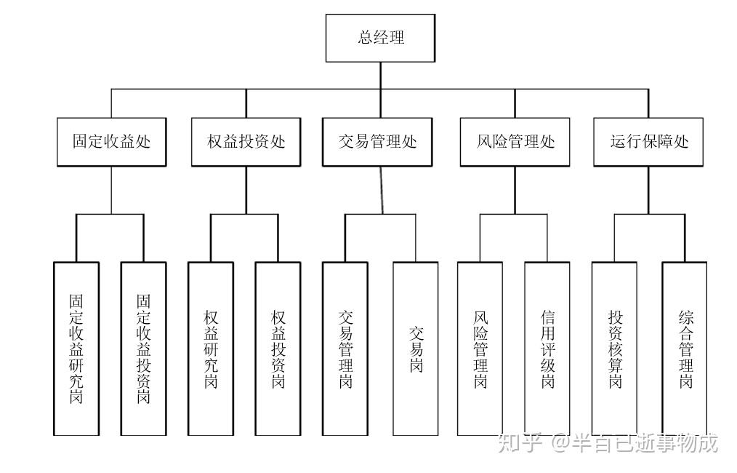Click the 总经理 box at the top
pos(380,38)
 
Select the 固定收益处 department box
pos(111,142)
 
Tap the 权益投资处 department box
pos(246,142)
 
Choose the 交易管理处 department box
pos(377,142)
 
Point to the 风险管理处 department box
pos(515,142)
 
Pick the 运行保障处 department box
pos(648,142)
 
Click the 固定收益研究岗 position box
pos(76,349)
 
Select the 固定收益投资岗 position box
pos(143,349)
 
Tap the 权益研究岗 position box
pos(211,349)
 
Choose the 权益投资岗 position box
pos(278,349)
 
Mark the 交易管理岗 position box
pos(345,349)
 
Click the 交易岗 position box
pos(416,349)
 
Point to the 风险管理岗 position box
pos(480,349)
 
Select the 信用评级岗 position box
pos(547,349)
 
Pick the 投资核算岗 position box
pos(614,349)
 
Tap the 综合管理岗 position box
pos(685,349)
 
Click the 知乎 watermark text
pos(520,443)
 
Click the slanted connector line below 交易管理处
pos(382,190)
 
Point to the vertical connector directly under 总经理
pos(380,75)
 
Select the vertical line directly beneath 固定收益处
pos(111,190)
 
